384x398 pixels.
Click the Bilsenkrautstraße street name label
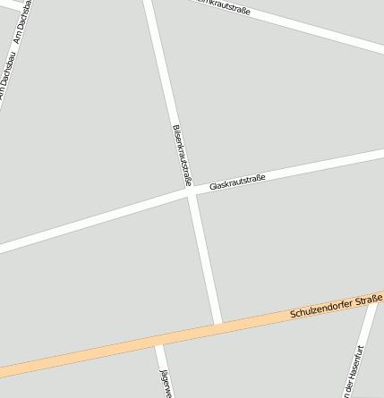(x=182, y=154)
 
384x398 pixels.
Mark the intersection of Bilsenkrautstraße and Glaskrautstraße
(x=191, y=191)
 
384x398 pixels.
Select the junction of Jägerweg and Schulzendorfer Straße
(x=158, y=340)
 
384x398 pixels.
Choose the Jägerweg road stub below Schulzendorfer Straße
(x=162, y=371)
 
